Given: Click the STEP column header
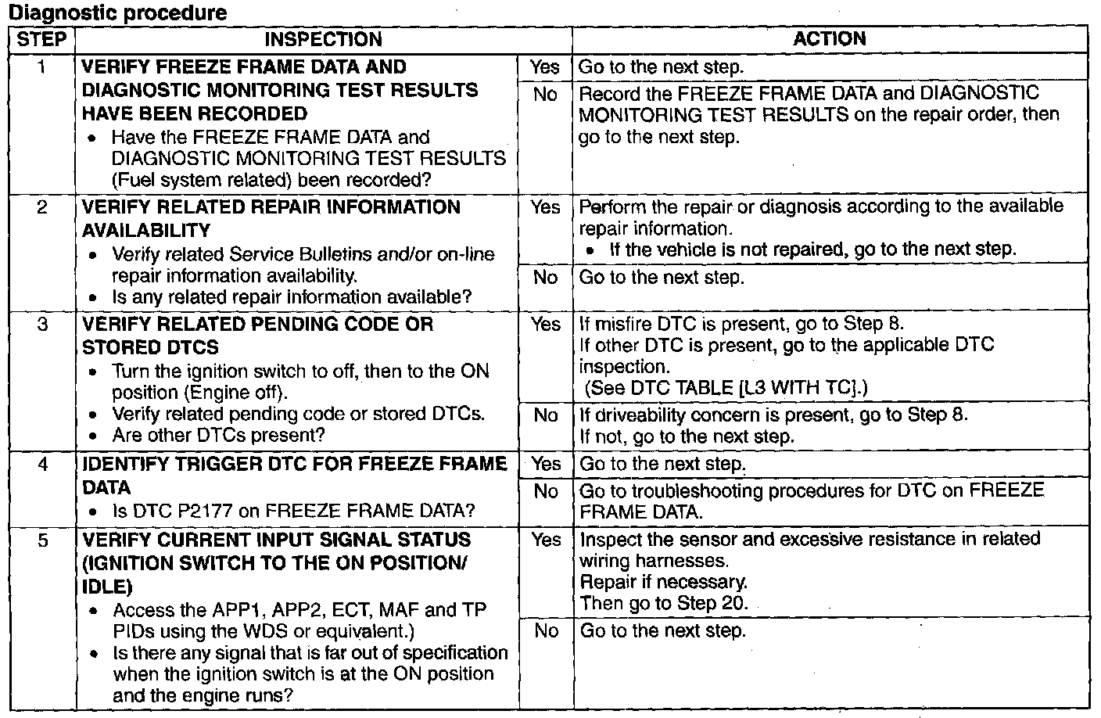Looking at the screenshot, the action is (x=41, y=39).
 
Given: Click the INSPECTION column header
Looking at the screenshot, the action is (x=324, y=39).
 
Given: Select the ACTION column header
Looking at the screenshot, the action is (x=830, y=39).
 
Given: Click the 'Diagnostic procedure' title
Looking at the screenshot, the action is (x=118, y=13).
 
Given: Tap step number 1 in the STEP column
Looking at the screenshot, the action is (x=41, y=67).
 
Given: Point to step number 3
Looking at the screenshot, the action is (x=43, y=325).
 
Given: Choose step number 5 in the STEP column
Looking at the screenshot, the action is (x=43, y=540).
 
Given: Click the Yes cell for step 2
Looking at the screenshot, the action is (x=545, y=207).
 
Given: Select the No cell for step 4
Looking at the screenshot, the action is (x=546, y=491).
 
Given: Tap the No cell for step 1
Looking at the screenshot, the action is (x=545, y=95).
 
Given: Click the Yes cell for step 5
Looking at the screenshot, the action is (x=546, y=540).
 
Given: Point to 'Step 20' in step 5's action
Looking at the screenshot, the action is (x=712, y=603).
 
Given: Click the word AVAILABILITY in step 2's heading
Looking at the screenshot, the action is (x=146, y=231).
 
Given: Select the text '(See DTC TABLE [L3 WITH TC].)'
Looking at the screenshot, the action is (x=726, y=388).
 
